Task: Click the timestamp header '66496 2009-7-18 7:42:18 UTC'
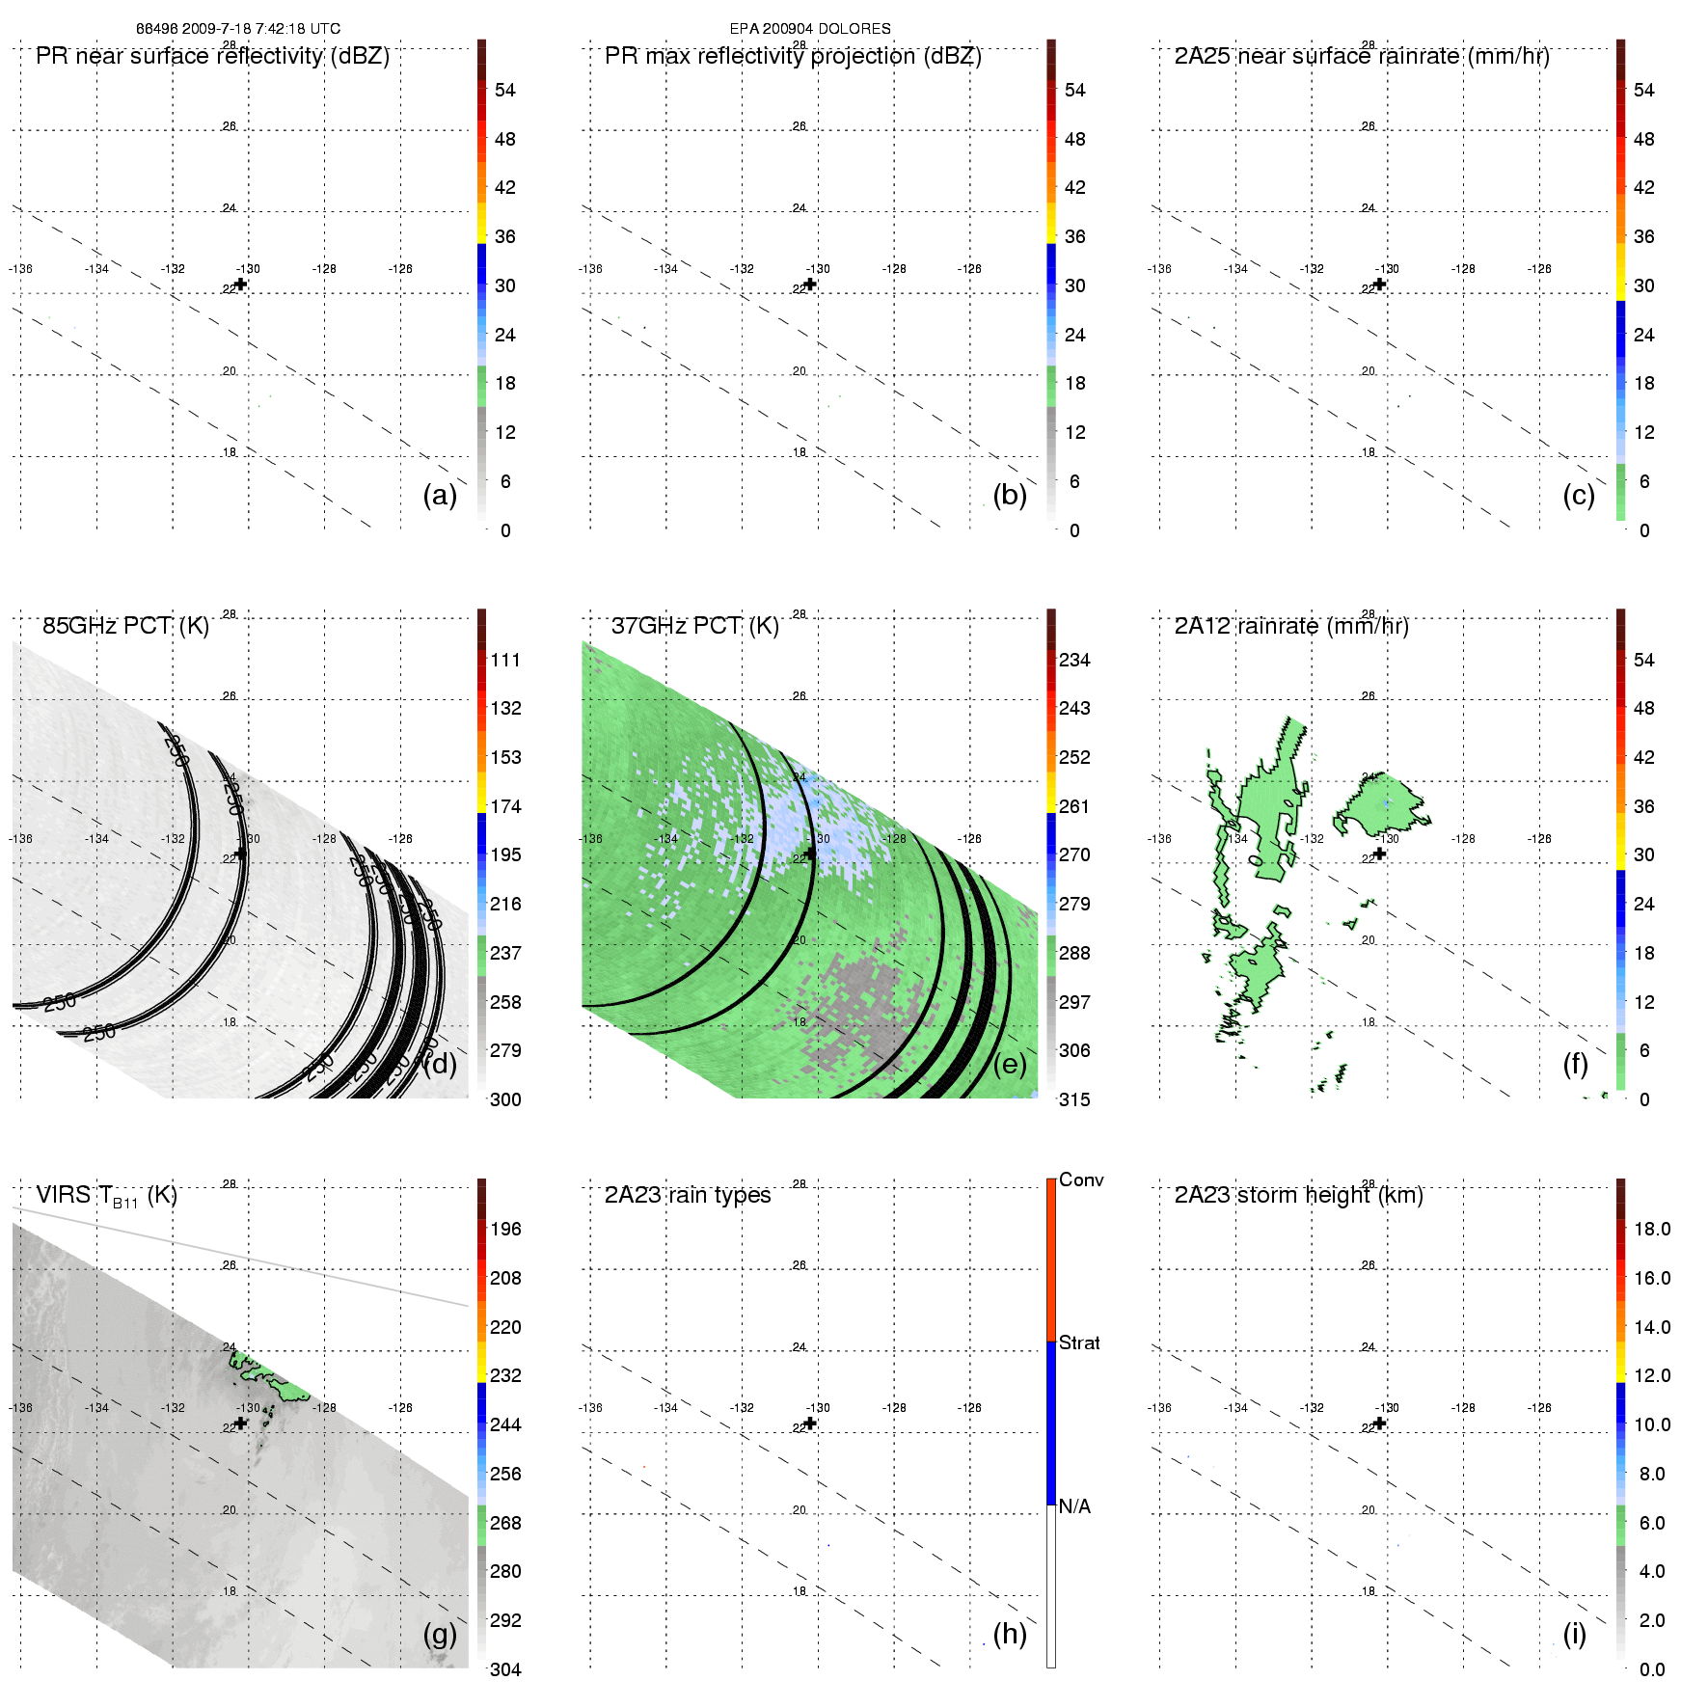(x=237, y=29)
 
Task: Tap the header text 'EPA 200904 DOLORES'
(x=810, y=29)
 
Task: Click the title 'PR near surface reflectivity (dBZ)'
(x=212, y=56)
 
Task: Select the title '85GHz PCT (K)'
(x=125, y=626)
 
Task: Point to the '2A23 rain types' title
(x=688, y=1195)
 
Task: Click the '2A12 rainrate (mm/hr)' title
(x=1291, y=626)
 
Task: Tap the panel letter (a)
(x=440, y=495)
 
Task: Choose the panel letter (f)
(x=1575, y=1064)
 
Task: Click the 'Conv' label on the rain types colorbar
(x=1081, y=1179)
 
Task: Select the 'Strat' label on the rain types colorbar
(x=1079, y=1342)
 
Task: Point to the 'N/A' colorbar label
(x=1074, y=1506)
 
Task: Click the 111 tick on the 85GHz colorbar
(x=505, y=660)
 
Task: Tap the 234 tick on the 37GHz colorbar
(x=1074, y=660)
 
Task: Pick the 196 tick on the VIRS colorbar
(x=505, y=1229)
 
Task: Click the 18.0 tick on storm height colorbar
(x=1652, y=1229)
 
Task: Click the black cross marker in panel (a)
(x=241, y=285)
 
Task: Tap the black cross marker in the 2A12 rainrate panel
(x=1380, y=854)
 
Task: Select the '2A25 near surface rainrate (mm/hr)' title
(x=1362, y=56)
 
